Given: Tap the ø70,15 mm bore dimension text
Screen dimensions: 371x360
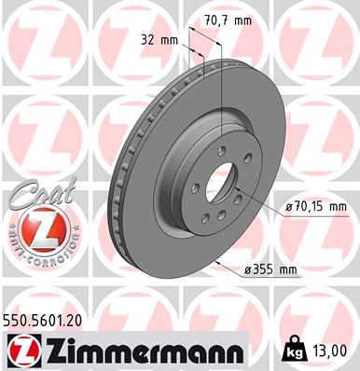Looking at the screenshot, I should [x=316, y=206].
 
